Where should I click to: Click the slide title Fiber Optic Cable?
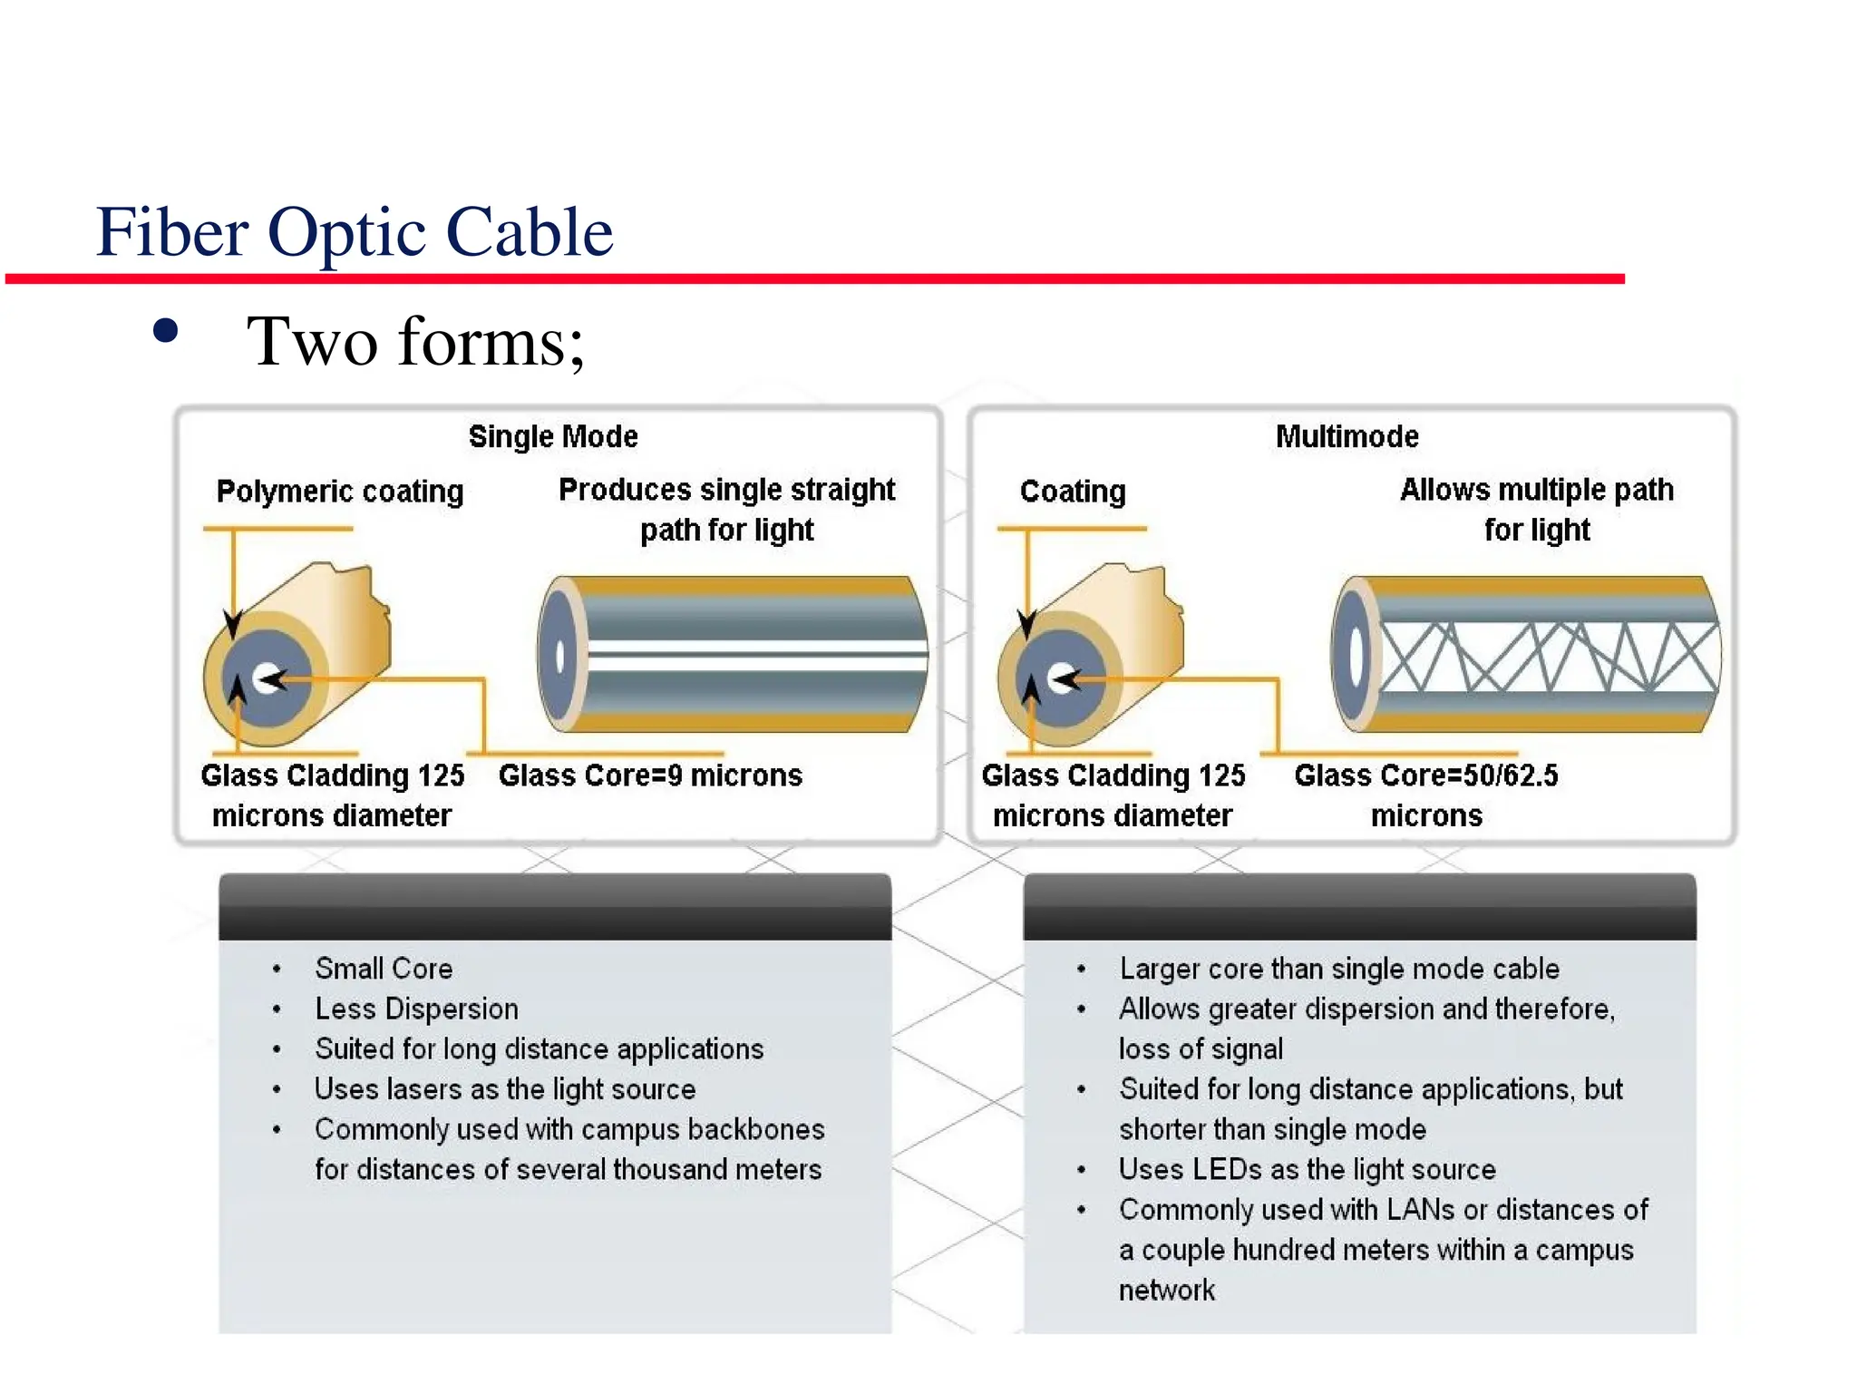pos(354,232)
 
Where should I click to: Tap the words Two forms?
pos(415,342)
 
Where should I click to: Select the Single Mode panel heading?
pos(552,436)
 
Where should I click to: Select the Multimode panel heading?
pos(1347,436)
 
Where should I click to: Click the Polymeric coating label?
pos(339,492)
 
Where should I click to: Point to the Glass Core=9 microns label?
pos(650,775)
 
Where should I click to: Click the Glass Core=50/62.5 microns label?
pos(1425,794)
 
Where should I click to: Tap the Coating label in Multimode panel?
pos(1072,492)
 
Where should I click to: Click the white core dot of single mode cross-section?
pos(266,678)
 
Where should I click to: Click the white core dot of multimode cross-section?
pos(1059,678)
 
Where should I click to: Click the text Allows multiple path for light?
pos(1536,509)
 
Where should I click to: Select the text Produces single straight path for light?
pos(726,509)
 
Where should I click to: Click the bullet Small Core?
pos(384,969)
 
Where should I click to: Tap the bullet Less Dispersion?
pos(416,1009)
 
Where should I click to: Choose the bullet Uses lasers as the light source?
pos(504,1089)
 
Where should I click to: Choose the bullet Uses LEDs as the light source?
pos(1307,1169)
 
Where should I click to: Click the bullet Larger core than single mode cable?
pos(1338,969)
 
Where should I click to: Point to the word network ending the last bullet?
pos(1166,1290)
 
